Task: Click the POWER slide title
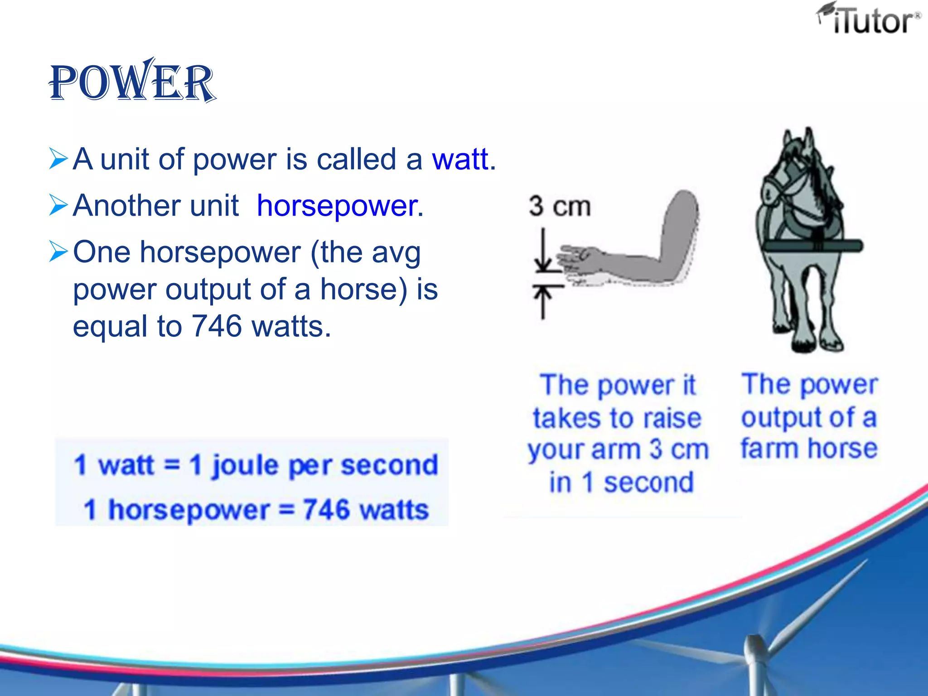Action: [132, 82]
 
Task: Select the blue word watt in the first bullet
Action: [460, 159]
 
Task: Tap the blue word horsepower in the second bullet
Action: [337, 205]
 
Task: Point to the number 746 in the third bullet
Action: [217, 326]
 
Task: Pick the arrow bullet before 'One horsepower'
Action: [58, 251]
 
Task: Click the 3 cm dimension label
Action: [560, 206]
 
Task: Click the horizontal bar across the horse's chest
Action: [813, 246]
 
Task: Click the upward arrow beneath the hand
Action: [543, 301]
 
